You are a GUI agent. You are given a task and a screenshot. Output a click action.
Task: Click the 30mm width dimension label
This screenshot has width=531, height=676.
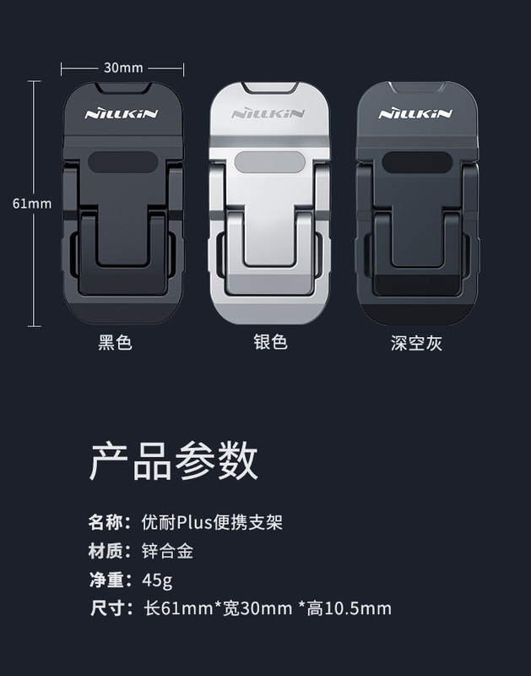[123, 68]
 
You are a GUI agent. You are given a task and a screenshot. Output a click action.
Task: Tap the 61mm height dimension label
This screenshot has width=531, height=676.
[32, 204]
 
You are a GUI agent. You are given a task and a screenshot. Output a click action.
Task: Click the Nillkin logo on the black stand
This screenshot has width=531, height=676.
[122, 114]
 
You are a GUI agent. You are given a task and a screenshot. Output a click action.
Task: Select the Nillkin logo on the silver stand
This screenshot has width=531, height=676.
[268, 113]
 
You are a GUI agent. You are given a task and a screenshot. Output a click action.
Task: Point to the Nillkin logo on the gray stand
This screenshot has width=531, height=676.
[415, 114]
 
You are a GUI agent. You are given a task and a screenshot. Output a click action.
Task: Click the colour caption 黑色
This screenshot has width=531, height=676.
[115, 343]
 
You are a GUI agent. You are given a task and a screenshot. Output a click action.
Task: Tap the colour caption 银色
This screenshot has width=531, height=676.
[270, 342]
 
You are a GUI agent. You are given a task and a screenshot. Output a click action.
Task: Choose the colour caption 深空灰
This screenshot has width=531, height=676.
[416, 344]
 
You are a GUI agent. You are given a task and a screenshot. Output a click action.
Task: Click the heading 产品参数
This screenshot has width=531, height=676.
[174, 461]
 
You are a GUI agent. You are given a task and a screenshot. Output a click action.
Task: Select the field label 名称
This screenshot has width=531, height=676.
[105, 522]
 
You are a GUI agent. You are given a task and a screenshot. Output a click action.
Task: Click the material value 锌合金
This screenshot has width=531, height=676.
[167, 551]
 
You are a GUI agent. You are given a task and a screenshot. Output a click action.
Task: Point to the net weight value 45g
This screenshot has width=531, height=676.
[157, 581]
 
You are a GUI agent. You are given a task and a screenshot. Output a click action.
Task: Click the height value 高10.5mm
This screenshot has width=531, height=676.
[349, 608]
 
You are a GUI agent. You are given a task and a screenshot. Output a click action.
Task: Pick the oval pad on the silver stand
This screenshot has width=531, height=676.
[270, 162]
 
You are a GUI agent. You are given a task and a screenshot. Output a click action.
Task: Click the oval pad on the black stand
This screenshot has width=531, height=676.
[122, 162]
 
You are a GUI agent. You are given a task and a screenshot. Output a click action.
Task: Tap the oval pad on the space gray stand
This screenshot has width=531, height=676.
[417, 162]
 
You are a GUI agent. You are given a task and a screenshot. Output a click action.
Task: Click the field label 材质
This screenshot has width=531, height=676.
[105, 551]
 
